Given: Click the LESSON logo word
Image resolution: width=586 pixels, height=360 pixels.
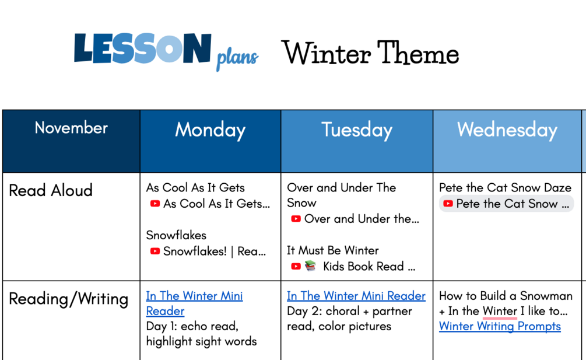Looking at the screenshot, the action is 143,48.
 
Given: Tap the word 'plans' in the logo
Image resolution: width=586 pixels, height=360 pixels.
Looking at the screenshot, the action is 237,58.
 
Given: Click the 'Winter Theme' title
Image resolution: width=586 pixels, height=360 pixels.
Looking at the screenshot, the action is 370,53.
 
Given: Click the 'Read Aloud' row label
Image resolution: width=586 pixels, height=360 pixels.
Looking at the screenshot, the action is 51,190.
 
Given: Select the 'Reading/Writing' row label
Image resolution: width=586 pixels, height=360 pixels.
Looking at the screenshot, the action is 68,299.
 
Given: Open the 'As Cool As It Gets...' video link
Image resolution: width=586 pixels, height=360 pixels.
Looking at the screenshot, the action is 210,204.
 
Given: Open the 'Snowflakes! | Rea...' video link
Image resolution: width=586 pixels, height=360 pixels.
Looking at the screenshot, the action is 208,251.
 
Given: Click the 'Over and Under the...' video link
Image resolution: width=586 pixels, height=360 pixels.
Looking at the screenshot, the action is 355,219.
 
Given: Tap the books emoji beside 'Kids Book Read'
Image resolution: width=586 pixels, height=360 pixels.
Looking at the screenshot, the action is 310,266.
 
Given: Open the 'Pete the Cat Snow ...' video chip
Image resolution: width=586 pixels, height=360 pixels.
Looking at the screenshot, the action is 506,204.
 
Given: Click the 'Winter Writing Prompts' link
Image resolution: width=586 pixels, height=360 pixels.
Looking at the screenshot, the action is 500,326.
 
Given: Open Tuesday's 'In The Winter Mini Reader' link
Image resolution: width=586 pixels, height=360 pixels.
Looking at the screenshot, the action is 356,296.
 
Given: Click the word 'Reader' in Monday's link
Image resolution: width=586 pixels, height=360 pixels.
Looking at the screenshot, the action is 165,311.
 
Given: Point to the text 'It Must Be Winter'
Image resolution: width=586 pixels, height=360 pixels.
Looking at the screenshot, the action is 332,250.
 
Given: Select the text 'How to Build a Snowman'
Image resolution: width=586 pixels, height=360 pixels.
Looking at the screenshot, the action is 506,296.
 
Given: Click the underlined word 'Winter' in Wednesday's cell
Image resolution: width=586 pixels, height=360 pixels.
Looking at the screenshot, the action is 500,311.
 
